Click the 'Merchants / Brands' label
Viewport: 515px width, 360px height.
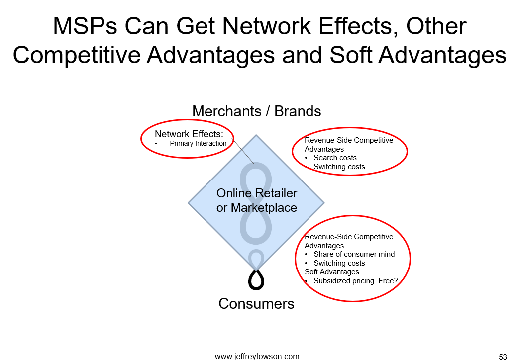257,111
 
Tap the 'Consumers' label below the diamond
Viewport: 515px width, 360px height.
257,303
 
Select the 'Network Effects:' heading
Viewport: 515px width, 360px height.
189,134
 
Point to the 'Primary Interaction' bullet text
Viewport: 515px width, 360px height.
198,143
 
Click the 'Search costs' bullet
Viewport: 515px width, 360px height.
335,158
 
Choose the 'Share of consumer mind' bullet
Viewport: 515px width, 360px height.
354,254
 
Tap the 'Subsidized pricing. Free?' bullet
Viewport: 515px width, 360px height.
356,281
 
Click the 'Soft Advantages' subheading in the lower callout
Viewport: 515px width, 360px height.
332,272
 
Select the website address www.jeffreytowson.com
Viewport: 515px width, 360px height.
257,356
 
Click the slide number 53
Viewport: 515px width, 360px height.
503,357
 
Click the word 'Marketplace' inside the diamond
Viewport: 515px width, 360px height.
264,208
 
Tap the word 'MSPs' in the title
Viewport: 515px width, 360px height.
85,26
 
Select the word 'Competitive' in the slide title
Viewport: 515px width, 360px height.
77,55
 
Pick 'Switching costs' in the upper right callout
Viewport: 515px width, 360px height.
339,167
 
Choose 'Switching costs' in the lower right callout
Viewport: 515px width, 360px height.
339,263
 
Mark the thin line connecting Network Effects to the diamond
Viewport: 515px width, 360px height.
243,151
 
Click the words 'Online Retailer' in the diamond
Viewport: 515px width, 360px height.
257,193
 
